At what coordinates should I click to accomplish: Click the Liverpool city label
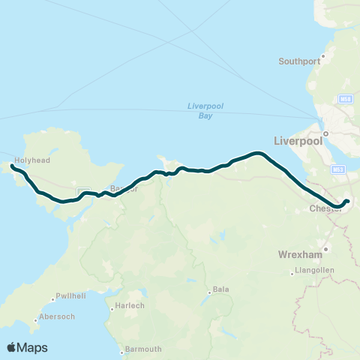click(298, 140)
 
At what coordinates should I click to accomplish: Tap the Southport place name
click(299, 61)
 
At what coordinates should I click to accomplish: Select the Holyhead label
click(32, 159)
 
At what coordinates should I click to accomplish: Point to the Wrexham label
click(299, 254)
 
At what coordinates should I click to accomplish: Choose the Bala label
click(221, 289)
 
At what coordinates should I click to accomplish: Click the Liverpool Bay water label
click(200, 110)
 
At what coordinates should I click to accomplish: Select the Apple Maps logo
click(27, 347)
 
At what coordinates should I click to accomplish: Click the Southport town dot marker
click(324, 55)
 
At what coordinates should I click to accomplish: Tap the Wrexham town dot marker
click(326, 248)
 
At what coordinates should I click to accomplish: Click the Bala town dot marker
click(209, 293)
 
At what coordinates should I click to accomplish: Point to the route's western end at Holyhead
click(13, 166)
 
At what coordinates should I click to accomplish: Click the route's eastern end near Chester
click(346, 201)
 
